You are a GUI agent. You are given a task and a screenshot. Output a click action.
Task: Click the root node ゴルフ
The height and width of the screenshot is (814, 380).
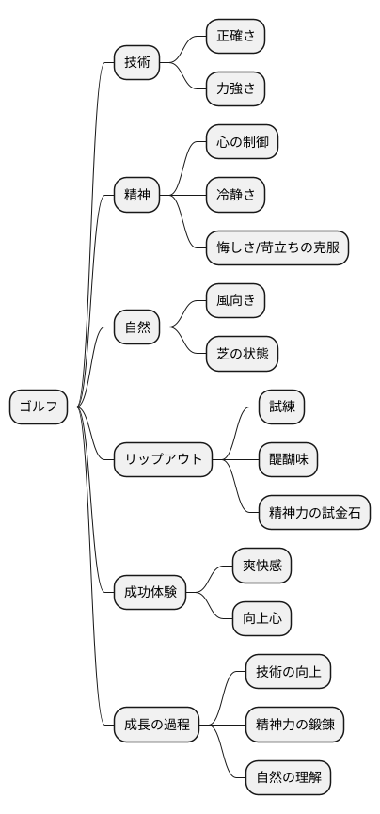click(x=39, y=407)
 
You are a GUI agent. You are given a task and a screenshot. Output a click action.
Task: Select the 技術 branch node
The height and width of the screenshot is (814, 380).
click(x=136, y=63)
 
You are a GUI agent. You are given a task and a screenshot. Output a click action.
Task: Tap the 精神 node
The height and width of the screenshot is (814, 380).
click(x=136, y=196)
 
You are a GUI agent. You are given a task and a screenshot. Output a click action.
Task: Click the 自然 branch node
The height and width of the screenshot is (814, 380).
click(x=136, y=327)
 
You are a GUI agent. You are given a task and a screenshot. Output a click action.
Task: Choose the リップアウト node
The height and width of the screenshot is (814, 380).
click(x=163, y=459)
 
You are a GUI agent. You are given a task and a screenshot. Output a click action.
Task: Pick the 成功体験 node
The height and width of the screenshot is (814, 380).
click(x=150, y=592)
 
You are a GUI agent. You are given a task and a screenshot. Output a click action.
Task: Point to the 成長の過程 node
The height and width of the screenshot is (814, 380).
click(x=156, y=725)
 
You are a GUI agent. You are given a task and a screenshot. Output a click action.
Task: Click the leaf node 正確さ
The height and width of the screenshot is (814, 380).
click(x=235, y=37)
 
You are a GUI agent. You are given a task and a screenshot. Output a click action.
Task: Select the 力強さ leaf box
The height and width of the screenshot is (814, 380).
click(x=235, y=89)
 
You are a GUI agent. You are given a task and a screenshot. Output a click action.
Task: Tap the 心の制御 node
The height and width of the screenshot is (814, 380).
click(x=242, y=142)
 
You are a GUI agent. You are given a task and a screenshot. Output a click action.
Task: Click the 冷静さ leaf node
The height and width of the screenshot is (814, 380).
click(x=235, y=196)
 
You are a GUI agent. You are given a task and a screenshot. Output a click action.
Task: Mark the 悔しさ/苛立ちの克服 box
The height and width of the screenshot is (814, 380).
click(x=277, y=248)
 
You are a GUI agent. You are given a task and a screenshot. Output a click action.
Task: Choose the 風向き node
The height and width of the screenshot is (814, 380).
click(x=235, y=301)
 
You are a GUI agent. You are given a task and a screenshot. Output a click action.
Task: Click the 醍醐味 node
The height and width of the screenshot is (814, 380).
click(x=288, y=459)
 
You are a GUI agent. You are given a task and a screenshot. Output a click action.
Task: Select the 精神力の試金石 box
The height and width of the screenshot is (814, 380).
click(x=314, y=513)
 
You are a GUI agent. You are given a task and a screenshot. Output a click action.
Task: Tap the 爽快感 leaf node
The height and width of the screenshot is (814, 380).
click(x=261, y=566)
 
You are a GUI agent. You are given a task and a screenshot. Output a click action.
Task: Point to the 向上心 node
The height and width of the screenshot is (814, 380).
click(x=261, y=618)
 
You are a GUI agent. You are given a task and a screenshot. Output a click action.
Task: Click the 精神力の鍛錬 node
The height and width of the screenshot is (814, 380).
click(x=294, y=725)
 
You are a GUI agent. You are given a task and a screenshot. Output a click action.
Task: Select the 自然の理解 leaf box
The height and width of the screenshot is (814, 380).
click(x=288, y=777)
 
